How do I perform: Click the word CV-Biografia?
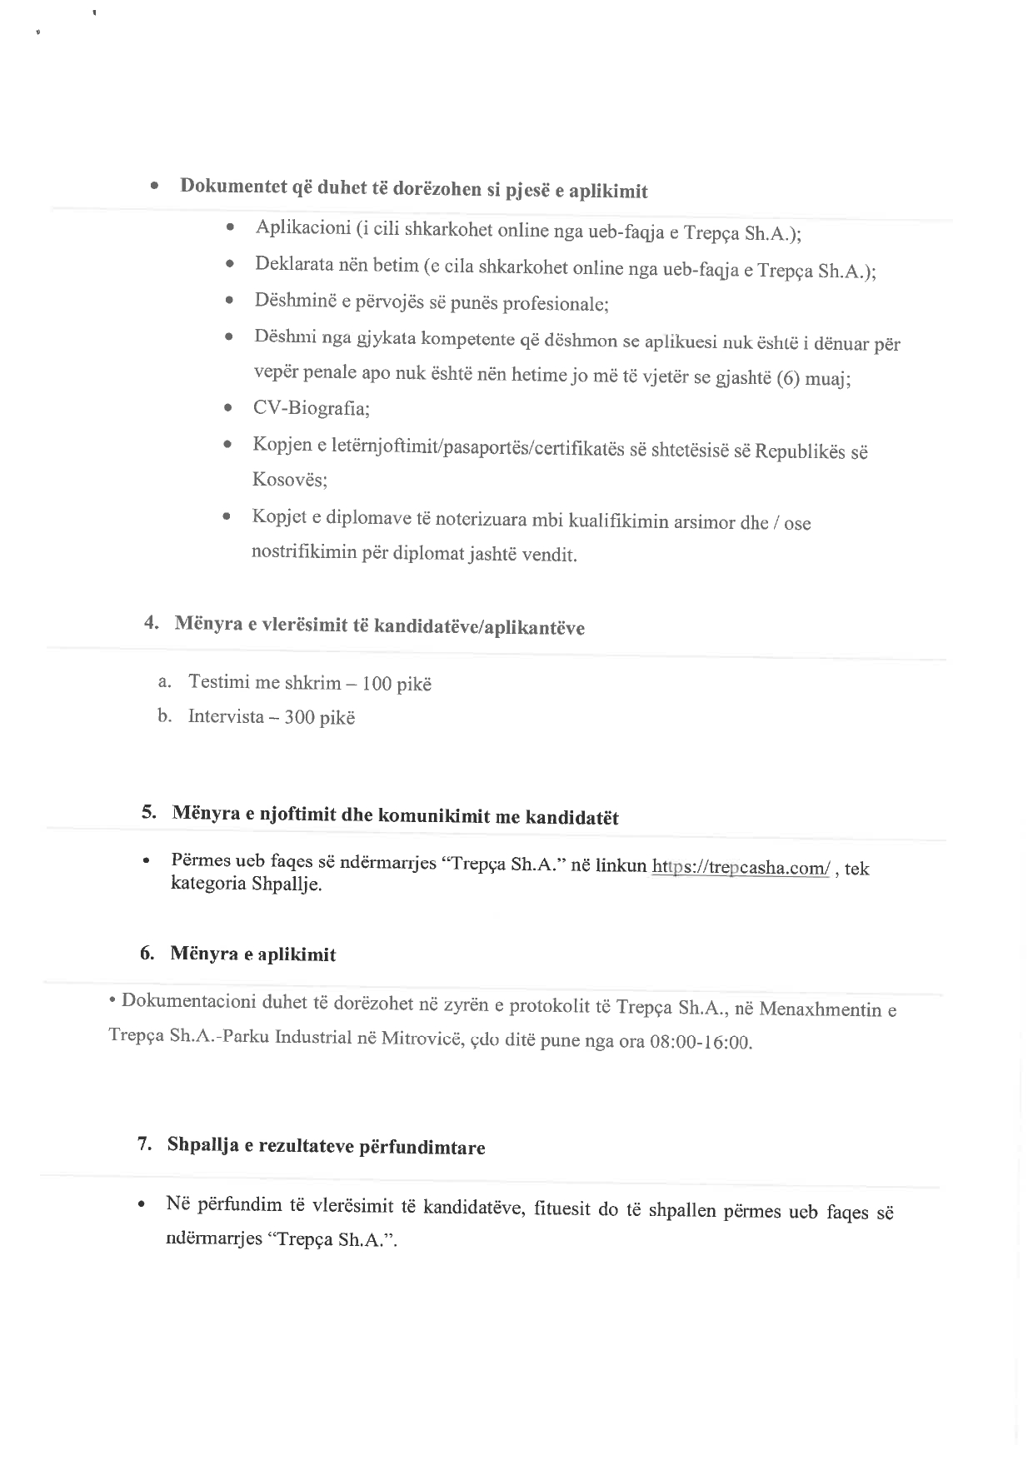coord(312,409)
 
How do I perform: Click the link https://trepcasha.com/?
coord(741,867)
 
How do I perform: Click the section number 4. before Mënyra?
coord(152,622)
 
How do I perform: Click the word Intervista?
coord(225,716)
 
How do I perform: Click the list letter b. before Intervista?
coord(164,715)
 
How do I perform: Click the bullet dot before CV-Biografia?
coord(227,409)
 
